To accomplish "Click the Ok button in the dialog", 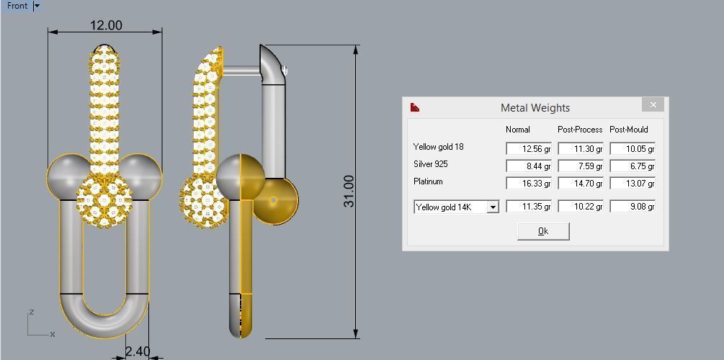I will click(543, 231).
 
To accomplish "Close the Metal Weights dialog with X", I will click(653, 105).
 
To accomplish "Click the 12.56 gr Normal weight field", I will click(528, 149).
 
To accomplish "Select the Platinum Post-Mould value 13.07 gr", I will click(632, 184).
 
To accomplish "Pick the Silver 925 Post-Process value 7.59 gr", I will click(580, 166).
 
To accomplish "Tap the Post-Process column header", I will click(580, 130).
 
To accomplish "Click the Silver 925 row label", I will click(430, 164).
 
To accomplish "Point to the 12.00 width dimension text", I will click(106, 25).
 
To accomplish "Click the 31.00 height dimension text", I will click(349, 192).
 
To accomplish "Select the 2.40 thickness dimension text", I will click(137, 351).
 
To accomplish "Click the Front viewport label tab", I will click(17, 6).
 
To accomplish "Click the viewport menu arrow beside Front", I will click(37, 6).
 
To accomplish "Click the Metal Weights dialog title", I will click(535, 108).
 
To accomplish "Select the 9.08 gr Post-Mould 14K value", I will click(632, 207).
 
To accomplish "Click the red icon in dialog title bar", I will click(414, 108).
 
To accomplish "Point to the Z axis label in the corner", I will click(32, 312).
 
